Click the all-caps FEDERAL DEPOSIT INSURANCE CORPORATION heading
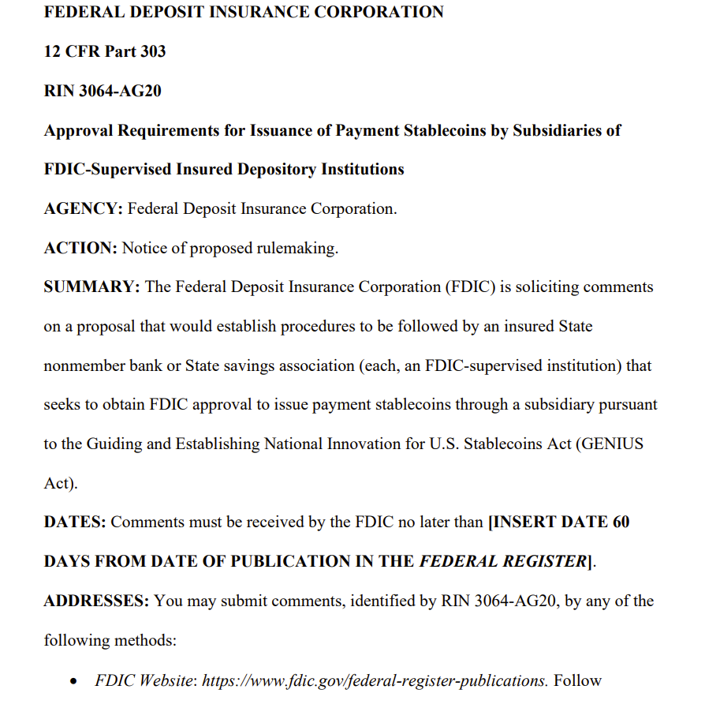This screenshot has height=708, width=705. coord(244,13)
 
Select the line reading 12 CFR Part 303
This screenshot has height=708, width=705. coord(105,51)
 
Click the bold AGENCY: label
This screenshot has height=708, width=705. coord(83,208)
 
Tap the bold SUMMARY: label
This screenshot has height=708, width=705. coord(91,287)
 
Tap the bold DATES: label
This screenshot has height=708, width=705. coord(75,522)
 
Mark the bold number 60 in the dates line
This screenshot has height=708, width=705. coord(621,522)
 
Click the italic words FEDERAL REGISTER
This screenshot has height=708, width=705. coord(502,561)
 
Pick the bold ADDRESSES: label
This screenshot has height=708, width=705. coord(96,601)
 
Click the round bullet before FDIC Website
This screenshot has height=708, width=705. coord(74,680)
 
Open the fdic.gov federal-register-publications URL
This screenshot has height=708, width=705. coord(375,680)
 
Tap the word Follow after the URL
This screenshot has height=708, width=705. coord(577,680)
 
